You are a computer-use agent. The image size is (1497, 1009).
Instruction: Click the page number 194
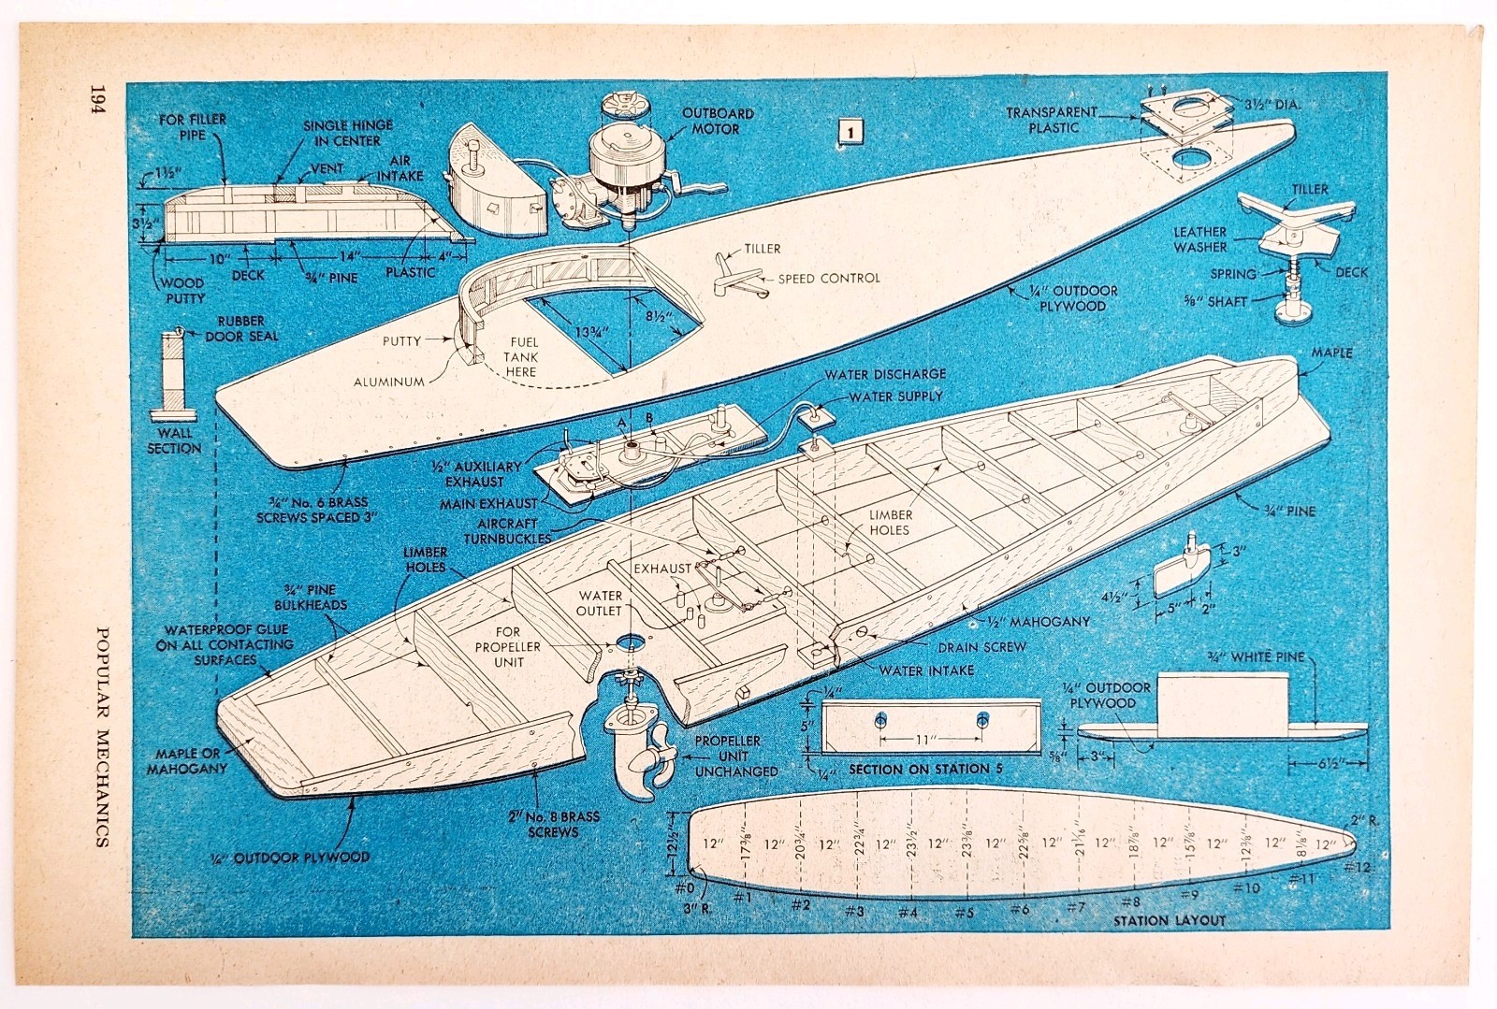(x=98, y=99)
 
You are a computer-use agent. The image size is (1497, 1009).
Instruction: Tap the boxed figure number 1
(x=850, y=132)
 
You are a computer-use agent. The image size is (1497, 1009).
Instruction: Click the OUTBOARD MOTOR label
(x=717, y=121)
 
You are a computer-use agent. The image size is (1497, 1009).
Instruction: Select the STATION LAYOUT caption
(x=1169, y=920)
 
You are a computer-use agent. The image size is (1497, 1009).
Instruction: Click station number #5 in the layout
(x=963, y=912)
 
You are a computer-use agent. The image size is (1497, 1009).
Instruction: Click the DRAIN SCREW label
(x=981, y=647)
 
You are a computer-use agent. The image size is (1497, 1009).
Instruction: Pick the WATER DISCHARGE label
(x=885, y=374)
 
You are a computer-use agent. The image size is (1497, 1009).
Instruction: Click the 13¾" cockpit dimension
(x=591, y=331)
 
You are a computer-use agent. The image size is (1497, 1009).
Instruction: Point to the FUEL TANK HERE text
(x=520, y=356)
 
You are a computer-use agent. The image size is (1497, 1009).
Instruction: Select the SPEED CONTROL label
(x=829, y=278)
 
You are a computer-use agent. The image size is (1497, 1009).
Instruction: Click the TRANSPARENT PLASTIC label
(x=1052, y=121)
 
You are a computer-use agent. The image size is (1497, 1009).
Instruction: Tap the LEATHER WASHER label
(x=1200, y=239)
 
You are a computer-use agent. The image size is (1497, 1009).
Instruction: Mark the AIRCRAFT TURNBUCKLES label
(x=508, y=531)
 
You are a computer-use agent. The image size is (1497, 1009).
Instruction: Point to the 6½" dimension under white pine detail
(x=1328, y=763)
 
